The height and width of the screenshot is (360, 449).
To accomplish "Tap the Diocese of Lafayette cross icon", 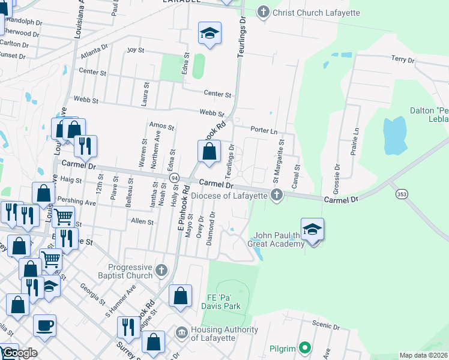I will point(276,195).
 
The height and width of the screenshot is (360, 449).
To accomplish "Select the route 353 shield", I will point(402,194).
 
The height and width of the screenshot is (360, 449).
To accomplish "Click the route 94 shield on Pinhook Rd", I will point(175,179).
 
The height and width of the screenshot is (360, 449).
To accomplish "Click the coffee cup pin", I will point(44,326).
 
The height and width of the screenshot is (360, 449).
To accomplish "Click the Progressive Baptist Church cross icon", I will point(161,271).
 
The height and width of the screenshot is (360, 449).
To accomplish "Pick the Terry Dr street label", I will point(403,59).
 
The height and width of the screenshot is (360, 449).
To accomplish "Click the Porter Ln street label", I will point(264,131).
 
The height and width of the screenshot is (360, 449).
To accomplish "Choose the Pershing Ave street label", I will point(77,202).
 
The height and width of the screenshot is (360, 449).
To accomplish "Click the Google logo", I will point(19,353).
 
